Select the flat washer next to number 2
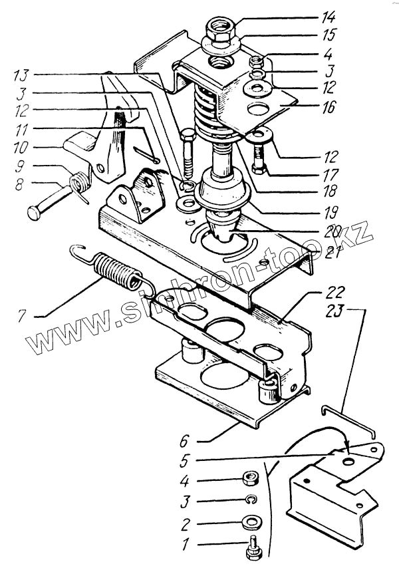tap(252, 521)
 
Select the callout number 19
tap(329, 214)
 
